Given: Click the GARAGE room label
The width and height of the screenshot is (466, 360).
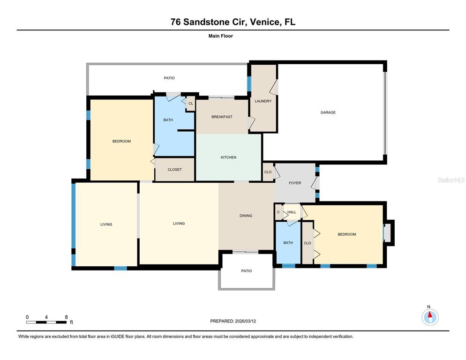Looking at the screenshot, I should (x=328, y=112).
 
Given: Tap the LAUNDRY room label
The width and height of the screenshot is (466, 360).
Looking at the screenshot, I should (x=263, y=101).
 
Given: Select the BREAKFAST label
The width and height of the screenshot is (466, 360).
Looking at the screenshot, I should (x=222, y=117).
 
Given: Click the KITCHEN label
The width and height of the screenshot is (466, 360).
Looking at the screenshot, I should (x=228, y=157).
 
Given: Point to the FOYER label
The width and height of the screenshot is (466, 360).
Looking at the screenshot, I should (x=295, y=183).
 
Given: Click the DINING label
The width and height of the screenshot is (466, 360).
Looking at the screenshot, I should (x=246, y=216).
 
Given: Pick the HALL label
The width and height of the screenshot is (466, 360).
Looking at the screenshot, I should (x=292, y=212).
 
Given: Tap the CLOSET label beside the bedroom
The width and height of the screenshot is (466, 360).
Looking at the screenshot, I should (x=174, y=169).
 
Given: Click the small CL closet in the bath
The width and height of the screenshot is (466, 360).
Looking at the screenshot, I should (x=191, y=104).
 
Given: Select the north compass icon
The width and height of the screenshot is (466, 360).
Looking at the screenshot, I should (x=429, y=317).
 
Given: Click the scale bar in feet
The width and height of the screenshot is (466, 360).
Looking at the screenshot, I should (x=46, y=322).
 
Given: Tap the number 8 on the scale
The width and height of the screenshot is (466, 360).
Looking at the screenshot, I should (x=66, y=317).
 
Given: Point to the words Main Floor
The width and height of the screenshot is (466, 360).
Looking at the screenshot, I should (x=220, y=36).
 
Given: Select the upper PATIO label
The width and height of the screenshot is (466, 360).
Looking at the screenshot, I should (x=169, y=78).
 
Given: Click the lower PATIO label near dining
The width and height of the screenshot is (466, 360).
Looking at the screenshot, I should (x=247, y=271).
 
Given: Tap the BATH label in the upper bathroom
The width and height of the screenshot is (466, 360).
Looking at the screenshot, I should (x=168, y=120).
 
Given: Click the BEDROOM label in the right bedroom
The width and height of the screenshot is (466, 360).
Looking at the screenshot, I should (x=346, y=234).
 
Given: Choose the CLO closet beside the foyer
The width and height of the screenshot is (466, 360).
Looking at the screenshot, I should (x=268, y=172).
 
